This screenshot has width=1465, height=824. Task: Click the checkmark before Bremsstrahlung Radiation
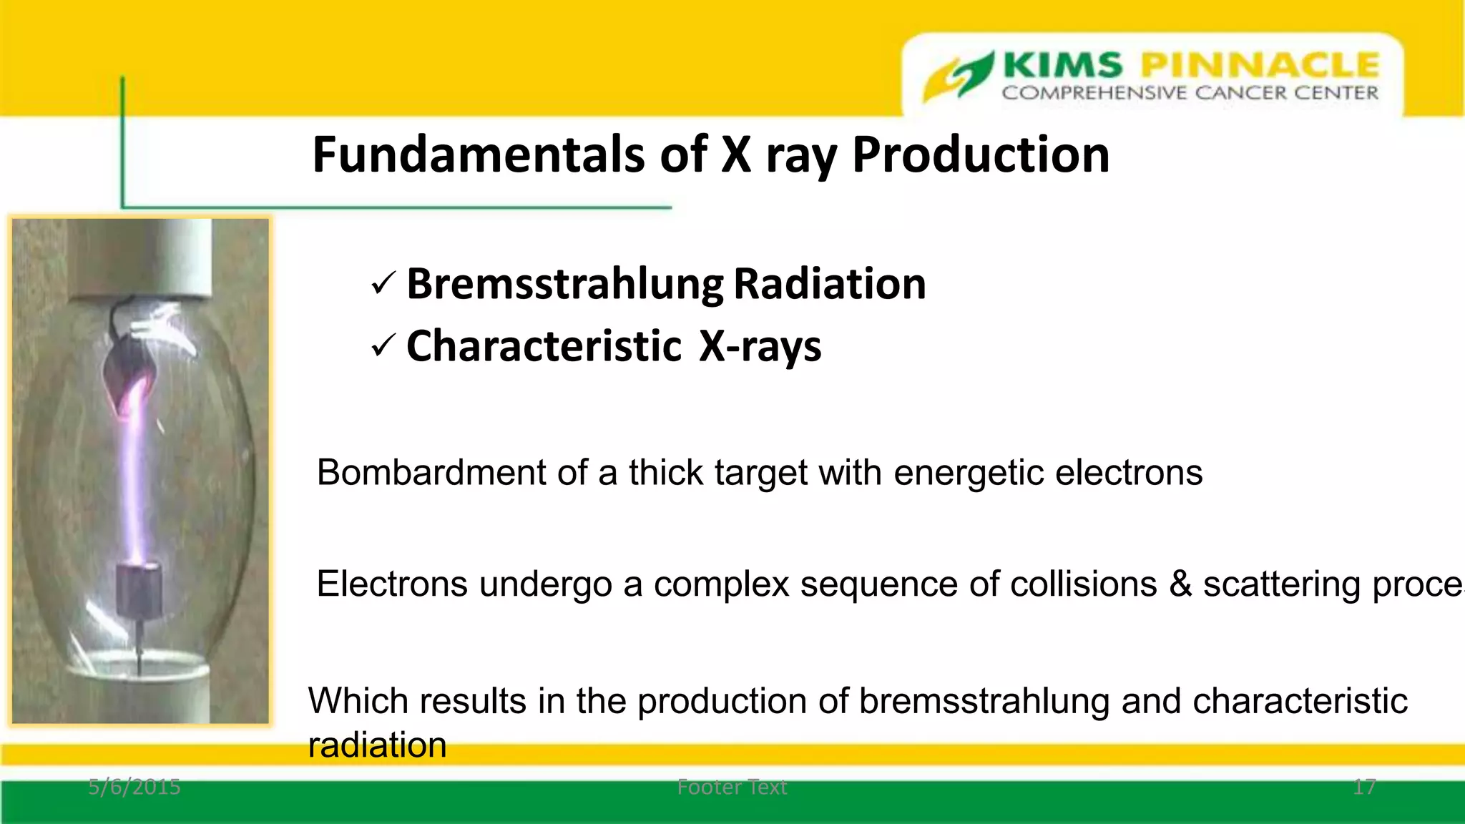[383, 285]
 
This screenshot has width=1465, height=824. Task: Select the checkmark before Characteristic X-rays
[383, 348]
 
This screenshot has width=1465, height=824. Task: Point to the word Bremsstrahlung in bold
[565, 284]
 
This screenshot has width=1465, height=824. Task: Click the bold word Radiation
[830, 284]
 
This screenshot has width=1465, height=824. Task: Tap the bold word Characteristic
[544, 346]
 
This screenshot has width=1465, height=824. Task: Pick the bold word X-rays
[760, 348]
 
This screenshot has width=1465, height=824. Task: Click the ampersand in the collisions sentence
[1180, 584]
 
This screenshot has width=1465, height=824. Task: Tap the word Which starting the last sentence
[358, 700]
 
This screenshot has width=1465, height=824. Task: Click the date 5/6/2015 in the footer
[134, 787]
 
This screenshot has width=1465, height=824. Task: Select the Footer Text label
[732, 787]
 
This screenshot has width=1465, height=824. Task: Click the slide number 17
[1364, 787]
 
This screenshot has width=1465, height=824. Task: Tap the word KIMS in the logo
[1063, 66]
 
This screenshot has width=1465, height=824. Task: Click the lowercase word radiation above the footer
[377, 745]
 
